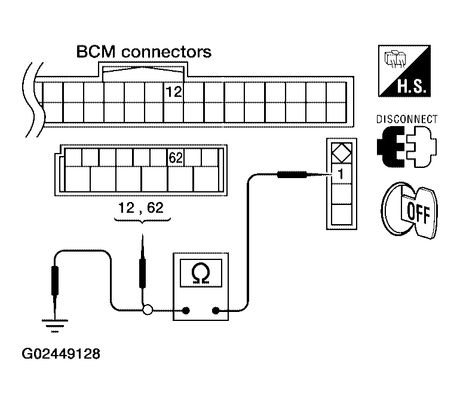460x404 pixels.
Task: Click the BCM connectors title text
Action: coord(144,52)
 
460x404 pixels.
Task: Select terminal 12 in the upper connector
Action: coord(174,92)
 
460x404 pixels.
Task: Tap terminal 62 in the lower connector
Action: coord(176,158)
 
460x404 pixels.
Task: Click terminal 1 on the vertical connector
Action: coord(341,174)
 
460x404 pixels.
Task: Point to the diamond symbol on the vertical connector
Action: coord(342,152)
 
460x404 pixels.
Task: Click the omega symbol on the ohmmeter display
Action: coord(201,274)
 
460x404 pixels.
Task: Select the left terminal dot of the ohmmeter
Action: coord(186,310)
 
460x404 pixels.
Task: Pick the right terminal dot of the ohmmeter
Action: coord(216,310)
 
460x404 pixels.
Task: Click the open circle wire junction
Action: coord(148,310)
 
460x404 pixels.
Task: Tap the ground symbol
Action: coord(55,326)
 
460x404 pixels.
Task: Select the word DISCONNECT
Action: coord(407,119)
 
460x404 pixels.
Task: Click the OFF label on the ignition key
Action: coord(419,213)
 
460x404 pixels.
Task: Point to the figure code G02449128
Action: coord(61,354)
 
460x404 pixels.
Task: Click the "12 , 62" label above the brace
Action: coord(141,208)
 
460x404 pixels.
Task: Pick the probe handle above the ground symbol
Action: coord(55,280)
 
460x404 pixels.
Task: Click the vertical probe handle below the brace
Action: coord(142,273)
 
